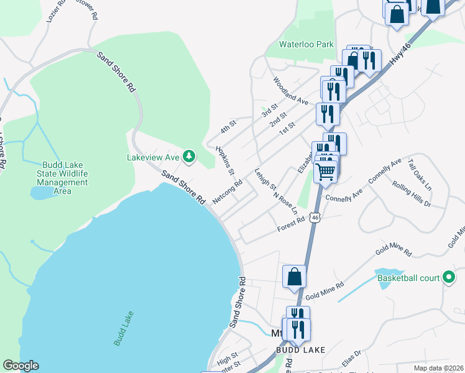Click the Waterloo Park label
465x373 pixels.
click(306, 44)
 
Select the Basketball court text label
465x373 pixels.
click(407, 277)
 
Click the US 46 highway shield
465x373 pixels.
click(316, 218)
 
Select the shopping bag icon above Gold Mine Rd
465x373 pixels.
click(294, 277)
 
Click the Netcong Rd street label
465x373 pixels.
click(227, 192)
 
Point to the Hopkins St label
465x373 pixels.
click(224, 160)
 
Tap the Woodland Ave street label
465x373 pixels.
click(291, 91)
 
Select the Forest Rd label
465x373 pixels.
click(291, 224)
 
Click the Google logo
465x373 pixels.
click(21, 366)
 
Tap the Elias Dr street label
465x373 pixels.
click(351, 360)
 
